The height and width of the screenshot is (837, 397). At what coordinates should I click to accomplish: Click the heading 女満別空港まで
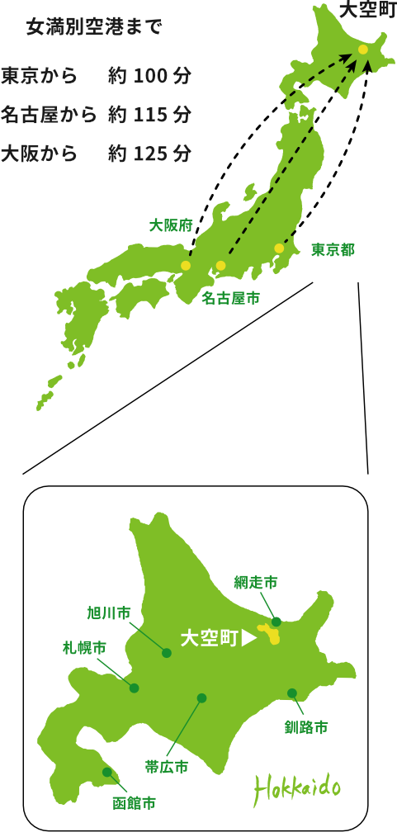click(x=94, y=26)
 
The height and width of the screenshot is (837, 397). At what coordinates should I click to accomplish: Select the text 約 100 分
click(x=149, y=76)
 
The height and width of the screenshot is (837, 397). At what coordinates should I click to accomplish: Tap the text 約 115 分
click(x=149, y=115)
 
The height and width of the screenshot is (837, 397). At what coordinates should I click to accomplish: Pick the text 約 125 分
click(x=149, y=154)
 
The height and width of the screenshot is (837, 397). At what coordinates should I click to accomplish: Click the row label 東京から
click(x=39, y=76)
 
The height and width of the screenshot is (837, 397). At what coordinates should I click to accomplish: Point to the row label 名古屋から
click(x=49, y=115)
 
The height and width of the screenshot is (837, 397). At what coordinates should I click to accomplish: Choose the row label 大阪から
click(x=39, y=154)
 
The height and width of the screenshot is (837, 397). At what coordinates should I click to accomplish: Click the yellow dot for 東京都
click(x=279, y=248)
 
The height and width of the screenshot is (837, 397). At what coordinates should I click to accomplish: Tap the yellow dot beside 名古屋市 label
click(x=220, y=266)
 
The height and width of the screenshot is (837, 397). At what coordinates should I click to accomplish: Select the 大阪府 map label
click(x=171, y=225)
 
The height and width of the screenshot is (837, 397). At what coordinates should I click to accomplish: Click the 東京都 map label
click(x=333, y=249)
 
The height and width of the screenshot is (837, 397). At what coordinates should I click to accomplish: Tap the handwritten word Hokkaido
click(x=297, y=788)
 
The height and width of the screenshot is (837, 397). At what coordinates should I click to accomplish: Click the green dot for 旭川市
click(x=167, y=653)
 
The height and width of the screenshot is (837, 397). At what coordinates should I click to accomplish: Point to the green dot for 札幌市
click(x=134, y=688)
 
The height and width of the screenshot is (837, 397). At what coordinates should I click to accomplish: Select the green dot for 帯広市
click(x=201, y=698)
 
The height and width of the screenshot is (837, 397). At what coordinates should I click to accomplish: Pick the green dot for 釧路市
click(x=292, y=693)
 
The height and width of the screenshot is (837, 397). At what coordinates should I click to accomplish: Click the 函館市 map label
click(x=134, y=802)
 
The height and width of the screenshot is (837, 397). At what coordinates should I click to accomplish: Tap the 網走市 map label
click(x=255, y=583)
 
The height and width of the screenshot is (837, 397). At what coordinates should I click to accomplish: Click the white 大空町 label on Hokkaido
click(x=209, y=638)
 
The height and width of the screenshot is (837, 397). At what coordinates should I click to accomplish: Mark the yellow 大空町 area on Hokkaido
click(x=270, y=635)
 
